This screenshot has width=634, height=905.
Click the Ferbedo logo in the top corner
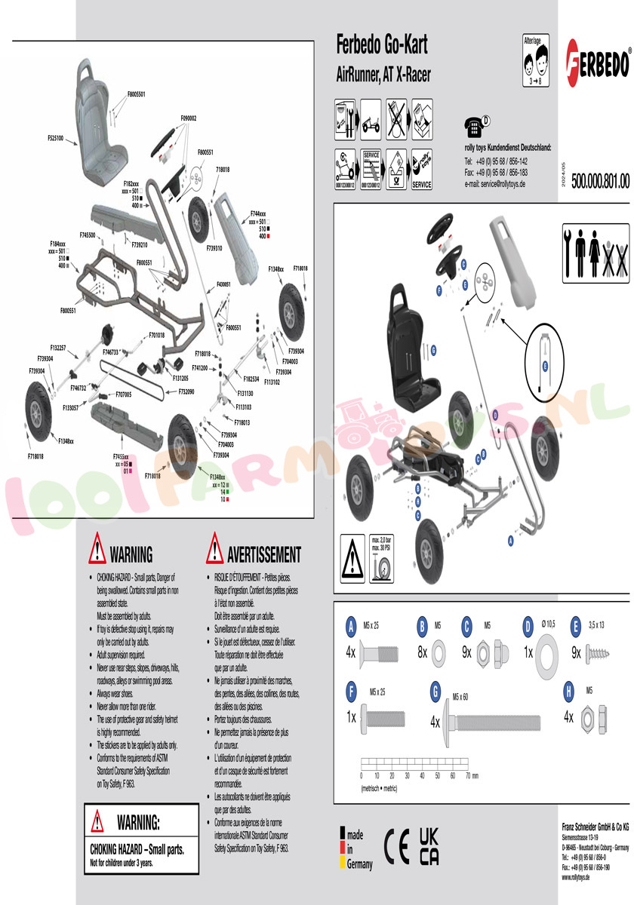598,60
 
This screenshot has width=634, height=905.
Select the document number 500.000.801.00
600,181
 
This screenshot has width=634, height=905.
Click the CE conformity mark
397,842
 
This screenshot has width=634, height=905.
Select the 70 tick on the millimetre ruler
468,775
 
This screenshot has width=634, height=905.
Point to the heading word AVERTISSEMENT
263,555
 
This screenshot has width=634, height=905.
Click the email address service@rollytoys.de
495,184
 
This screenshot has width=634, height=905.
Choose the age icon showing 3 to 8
534,60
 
